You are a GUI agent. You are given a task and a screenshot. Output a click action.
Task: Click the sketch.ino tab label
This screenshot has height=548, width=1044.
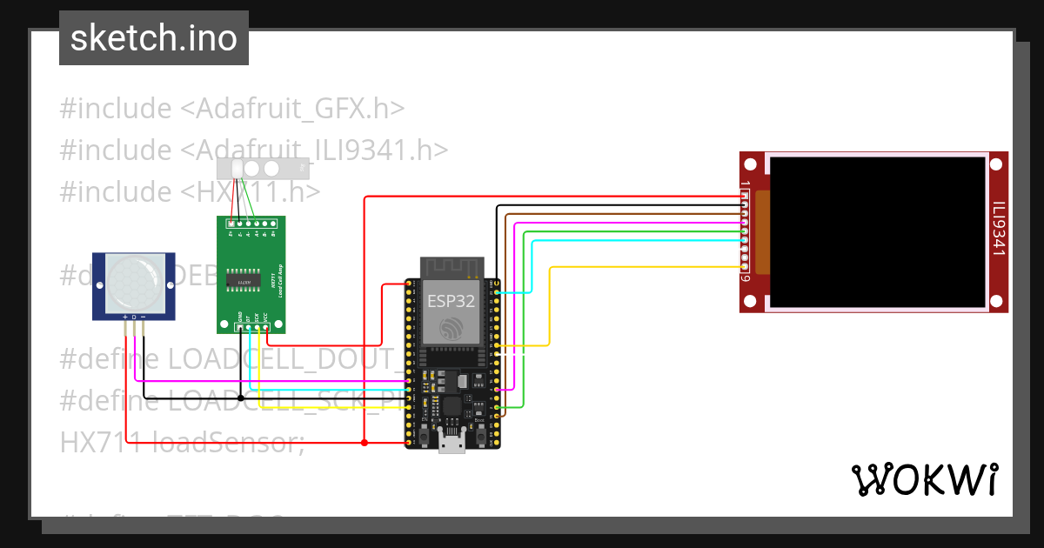click(x=154, y=38)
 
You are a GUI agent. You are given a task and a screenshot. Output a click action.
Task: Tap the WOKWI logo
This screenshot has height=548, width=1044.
click(x=924, y=479)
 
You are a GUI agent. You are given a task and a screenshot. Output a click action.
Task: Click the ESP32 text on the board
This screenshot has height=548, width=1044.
click(x=451, y=301)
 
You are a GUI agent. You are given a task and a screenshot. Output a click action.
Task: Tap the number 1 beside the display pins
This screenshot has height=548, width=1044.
click(x=746, y=186)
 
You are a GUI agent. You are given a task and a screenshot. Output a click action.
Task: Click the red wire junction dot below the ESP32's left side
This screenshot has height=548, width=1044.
click(x=365, y=443)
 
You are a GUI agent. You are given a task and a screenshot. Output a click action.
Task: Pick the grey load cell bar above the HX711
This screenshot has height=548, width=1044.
click(x=262, y=167)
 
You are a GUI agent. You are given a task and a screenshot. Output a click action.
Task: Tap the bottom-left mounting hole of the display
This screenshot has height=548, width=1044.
click(x=751, y=301)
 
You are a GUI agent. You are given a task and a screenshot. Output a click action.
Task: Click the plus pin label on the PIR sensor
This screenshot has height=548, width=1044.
click(x=125, y=316)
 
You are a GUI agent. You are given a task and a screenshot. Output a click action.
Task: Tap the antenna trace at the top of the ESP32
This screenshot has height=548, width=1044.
click(x=451, y=267)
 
